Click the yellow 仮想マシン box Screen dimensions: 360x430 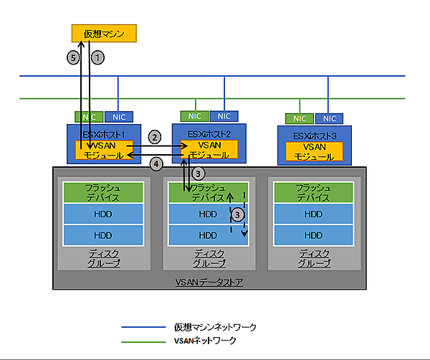(x=103, y=33)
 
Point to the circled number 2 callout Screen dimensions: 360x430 (x=153, y=136)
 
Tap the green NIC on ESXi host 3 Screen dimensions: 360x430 (x=299, y=118)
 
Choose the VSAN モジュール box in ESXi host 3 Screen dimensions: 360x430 (x=314, y=151)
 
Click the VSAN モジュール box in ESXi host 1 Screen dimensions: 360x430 (x=104, y=150)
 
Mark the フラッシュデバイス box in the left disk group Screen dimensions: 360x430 (x=104, y=191)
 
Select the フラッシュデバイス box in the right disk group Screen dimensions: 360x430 (x=313, y=191)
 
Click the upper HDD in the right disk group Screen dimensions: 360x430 (x=313, y=214)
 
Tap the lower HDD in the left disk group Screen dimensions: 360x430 (x=104, y=235)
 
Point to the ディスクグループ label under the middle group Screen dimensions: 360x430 (x=209, y=258)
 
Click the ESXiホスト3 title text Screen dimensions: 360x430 (x=313, y=134)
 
